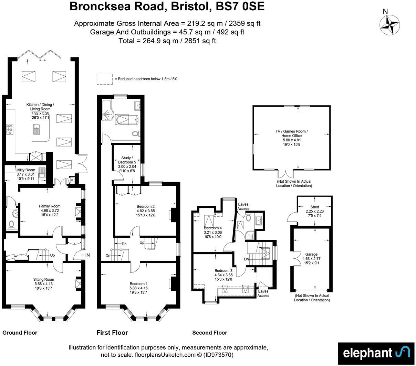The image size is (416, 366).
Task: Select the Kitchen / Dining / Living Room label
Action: tap(40, 107)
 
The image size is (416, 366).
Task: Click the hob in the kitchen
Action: tap(10, 129)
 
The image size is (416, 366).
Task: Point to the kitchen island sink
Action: tap(37, 129)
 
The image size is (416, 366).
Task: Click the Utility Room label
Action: tap(25, 170)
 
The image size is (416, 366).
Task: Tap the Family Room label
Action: tap(50, 206)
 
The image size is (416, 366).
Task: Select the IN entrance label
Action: tap(87, 255)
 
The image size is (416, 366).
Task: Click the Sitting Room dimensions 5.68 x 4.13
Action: tap(43, 284)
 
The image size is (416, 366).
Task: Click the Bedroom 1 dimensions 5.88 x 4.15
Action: tap(138, 288)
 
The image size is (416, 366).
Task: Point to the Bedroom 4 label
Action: tap(212, 228)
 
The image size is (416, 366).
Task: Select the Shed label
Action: tap(314, 207)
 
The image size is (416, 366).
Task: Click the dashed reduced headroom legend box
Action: tap(105, 79)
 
